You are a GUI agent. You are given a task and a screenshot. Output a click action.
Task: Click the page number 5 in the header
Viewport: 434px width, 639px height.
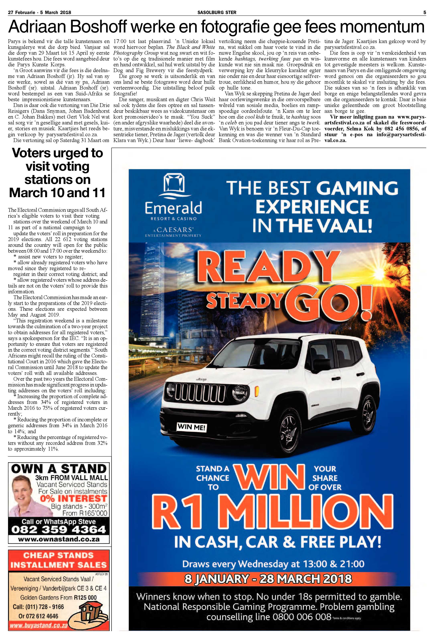coord(424,12)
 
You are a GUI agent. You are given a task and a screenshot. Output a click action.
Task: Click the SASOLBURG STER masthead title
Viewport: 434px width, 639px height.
coord(217,12)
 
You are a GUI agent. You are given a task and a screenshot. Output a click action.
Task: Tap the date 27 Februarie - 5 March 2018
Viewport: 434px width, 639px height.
coord(40,12)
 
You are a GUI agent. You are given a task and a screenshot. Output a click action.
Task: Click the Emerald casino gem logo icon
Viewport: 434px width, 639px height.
coord(173,185)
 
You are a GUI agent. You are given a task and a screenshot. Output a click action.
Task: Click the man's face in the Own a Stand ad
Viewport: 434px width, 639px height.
coord(22,493)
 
